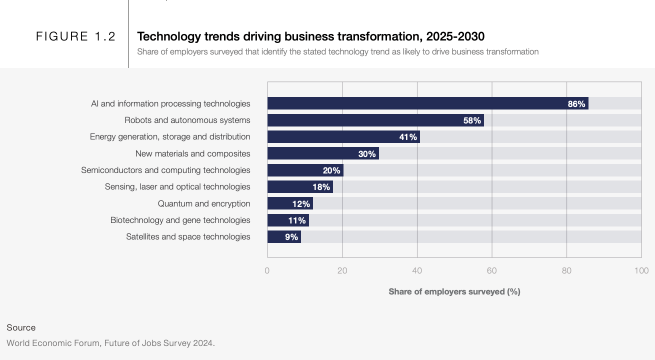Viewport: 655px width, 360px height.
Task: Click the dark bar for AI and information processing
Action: coord(415,103)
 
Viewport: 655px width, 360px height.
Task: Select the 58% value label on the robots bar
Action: coord(472,120)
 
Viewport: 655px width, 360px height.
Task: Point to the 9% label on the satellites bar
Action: coord(291,237)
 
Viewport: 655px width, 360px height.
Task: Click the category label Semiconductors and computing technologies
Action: coord(165,170)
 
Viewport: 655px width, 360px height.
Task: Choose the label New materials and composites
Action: coord(192,153)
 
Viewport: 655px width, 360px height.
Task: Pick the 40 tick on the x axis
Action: coord(417,270)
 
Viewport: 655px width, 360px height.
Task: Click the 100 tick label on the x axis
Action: coord(641,270)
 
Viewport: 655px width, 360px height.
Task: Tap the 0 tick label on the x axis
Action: coord(267,270)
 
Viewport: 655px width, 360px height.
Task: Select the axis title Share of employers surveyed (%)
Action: coord(454,291)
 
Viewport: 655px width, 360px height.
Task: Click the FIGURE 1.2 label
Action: coord(76,36)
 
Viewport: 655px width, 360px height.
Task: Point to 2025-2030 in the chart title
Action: coord(455,36)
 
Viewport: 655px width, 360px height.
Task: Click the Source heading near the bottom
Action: coord(21,327)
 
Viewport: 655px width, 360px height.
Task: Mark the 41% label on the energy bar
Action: coord(408,137)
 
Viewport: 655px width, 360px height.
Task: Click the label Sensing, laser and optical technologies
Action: coord(177,186)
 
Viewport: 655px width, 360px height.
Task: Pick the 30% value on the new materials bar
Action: coord(367,154)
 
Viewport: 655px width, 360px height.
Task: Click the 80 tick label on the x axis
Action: coord(566,270)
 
